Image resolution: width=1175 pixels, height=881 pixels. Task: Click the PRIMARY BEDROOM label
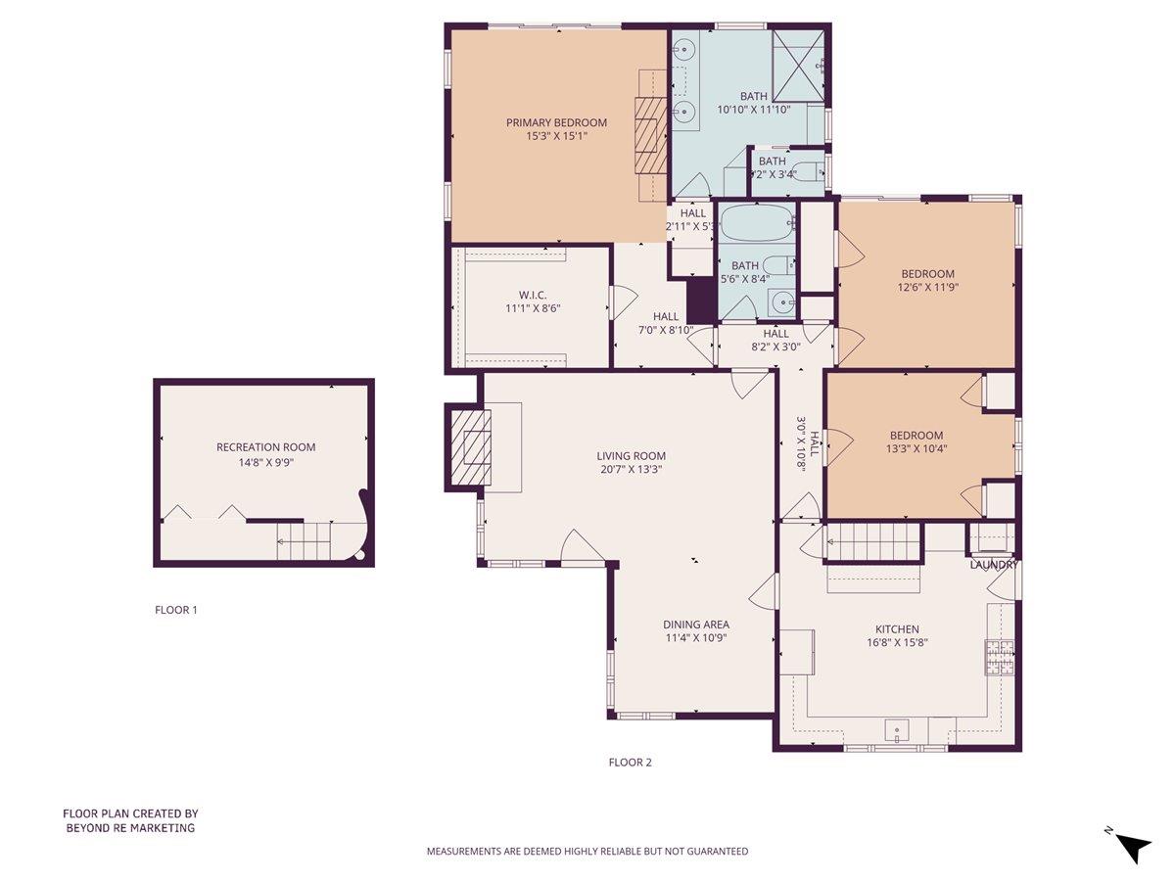click(x=556, y=122)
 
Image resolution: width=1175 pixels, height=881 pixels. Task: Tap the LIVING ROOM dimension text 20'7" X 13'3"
click(x=632, y=469)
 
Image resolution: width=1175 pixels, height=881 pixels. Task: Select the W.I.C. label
click(x=533, y=294)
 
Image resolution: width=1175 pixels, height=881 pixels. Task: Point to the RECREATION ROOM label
click(x=266, y=447)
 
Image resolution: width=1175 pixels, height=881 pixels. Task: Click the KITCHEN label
click(x=897, y=629)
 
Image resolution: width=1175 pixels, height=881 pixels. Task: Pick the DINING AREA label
click(x=696, y=625)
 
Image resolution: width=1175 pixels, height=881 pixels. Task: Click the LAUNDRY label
click(x=994, y=565)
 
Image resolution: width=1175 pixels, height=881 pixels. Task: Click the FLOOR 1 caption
click(x=176, y=610)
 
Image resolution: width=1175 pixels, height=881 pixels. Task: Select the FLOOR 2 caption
click(x=630, y=762)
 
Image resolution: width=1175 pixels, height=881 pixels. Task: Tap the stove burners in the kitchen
click(x=1000, y=657)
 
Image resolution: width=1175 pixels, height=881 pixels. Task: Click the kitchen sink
click(x=897, y=730)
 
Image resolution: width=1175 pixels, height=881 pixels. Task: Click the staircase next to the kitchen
click(x=873, y=542)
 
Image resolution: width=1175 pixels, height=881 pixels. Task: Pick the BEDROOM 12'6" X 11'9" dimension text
click(x=927, y=288)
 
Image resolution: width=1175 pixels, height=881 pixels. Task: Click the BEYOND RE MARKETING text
click(x=130, y=828)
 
